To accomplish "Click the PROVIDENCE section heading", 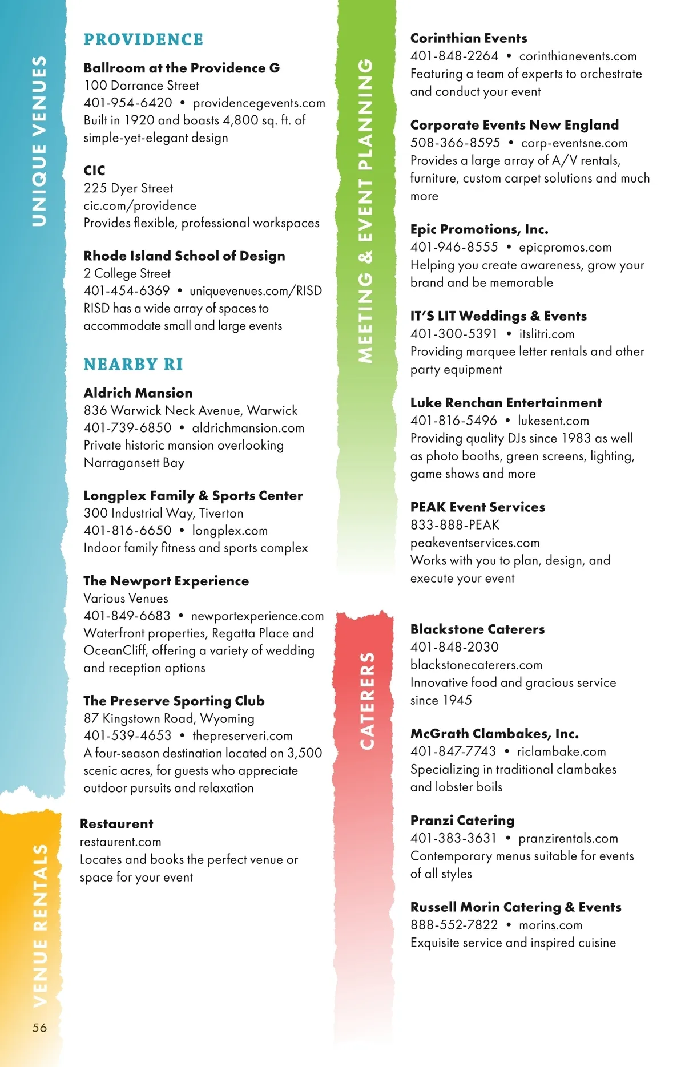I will pos(143,39).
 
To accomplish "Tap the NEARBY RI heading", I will pos(133,364).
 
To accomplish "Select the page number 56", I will pos(39,1028).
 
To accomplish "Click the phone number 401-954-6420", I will pos(128,103).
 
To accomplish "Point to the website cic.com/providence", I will pos(140,205).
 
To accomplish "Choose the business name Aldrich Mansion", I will pos(138,393).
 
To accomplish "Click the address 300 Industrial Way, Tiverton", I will pos(163,513).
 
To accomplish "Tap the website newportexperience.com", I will pos(257,616).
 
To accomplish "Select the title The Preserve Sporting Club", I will pos(174,701).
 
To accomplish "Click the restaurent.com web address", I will pos(120,842).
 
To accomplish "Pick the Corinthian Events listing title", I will pos(469,38).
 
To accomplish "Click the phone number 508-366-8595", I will pos(455,143).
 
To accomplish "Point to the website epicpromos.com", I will pos(565,247).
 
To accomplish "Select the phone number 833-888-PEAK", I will pos(455,524).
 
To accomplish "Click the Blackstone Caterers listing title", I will pos(477,629).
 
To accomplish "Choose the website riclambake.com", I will pos(562,751).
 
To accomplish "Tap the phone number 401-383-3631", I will pos(454,838).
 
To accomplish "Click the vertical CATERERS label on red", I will pos(367,701).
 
